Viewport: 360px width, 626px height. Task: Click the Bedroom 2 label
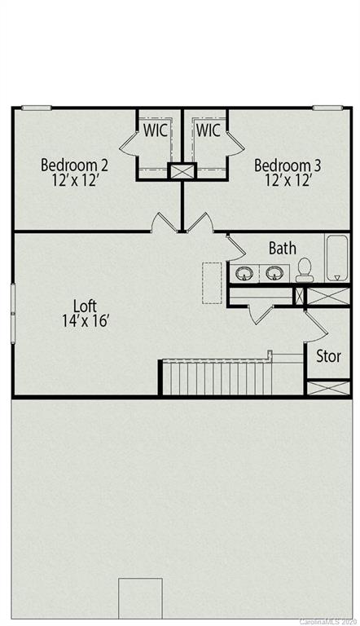(x=74, y=165)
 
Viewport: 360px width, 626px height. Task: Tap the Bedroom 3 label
(x=288, y=165)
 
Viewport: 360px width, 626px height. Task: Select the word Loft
(x=85, y=306)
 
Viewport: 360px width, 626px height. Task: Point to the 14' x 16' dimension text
(x=85, y=320)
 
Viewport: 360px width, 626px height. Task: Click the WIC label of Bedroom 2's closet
(x=157, y=130)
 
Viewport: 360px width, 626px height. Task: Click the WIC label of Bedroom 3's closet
(x=208, y=130)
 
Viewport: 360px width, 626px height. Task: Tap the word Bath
(x=282, y=248)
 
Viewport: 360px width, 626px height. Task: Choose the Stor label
(x=328, y=356)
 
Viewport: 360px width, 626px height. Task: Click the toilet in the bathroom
(x=305, y=270)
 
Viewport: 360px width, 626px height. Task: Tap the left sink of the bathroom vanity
(x=244, y=272)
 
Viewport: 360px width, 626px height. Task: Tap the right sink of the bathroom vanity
(x=274, y=272)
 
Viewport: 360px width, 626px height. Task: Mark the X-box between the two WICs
(x=181, y=172)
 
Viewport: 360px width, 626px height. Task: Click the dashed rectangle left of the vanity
(x=212, y=283)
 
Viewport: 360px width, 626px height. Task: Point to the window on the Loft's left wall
(x=13, y=307)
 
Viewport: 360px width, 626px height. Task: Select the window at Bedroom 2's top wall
(x=36, y=108)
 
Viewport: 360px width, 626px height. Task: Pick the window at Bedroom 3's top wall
(x=327, y=108)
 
